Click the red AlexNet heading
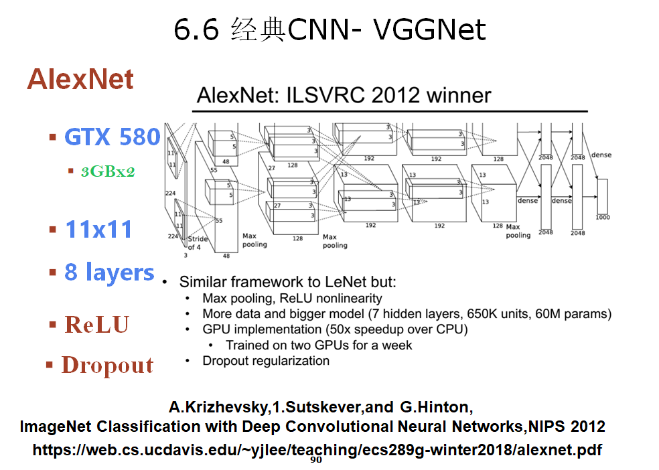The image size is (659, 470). coord(80,80)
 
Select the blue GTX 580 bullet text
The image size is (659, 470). coord(112,137)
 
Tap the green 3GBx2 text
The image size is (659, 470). coord(108,171)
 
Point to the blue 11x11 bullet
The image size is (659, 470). coord(98,230)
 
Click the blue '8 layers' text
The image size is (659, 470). coord(109,272)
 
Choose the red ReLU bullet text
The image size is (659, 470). coord(96,325)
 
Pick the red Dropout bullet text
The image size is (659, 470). coord(107,365)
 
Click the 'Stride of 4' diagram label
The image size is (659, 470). coord(198,243)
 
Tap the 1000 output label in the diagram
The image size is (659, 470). coord(602,217)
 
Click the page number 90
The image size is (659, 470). coord(316,460)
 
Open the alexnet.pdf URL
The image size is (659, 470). coord(317,449)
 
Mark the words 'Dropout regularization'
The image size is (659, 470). coord(266,361)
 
